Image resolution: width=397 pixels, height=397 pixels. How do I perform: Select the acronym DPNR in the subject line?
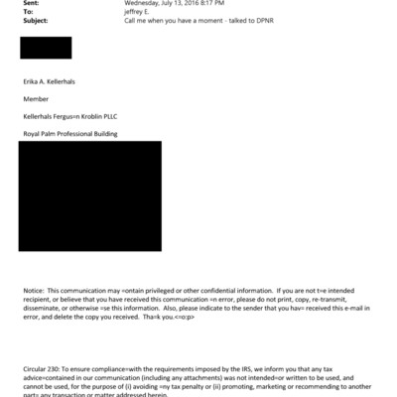(x=262, y=19)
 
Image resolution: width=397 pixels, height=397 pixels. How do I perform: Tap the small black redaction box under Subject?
(x=46, y=48)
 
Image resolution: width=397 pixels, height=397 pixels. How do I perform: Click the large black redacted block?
(x=90, y=196)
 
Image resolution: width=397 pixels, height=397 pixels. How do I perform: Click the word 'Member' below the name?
(x=37, y=99)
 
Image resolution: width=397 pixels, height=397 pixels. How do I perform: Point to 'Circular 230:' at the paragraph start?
(x=44, y=367)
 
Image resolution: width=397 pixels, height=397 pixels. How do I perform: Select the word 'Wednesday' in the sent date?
(x=144, y=3)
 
